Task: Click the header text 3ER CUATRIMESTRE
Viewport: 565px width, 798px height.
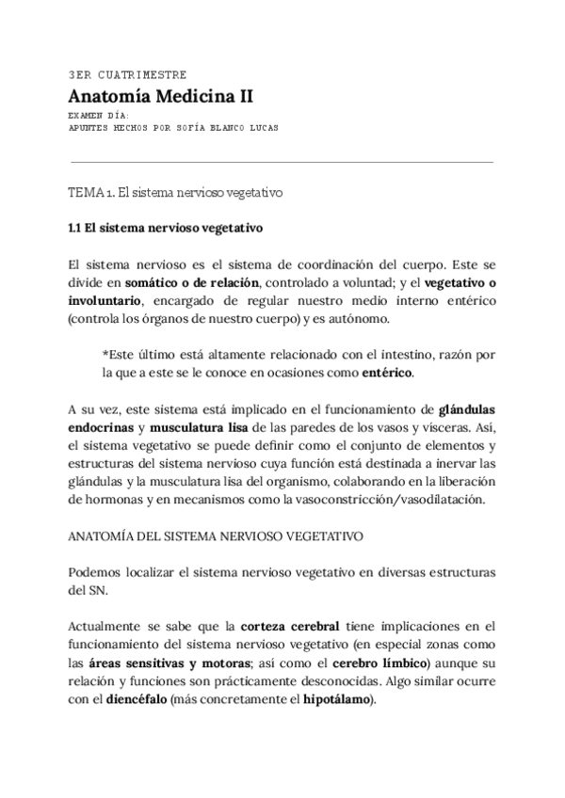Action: click(127, 74)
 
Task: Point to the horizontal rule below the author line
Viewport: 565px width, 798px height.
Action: click(282, 161)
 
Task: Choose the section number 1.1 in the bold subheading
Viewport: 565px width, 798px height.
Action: click(77, 227)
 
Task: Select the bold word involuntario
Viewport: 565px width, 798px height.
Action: click(104, 299)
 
